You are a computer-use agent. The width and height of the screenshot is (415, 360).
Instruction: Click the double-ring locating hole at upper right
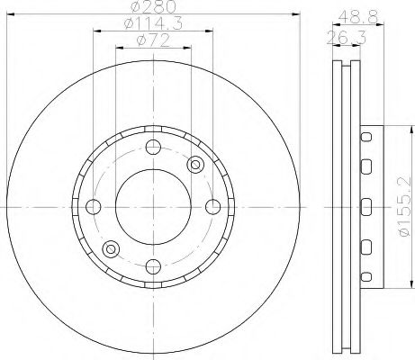(x=197, y=164)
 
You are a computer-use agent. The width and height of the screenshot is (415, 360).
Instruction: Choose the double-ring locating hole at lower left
(x=111, y=248)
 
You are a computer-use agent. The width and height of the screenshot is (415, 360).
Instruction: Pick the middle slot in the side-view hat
(x=365, y=206)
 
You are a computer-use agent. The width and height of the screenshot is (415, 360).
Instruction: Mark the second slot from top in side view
(x=365, y=166)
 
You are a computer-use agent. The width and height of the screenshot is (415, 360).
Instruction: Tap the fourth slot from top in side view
(x=365, y=246)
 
